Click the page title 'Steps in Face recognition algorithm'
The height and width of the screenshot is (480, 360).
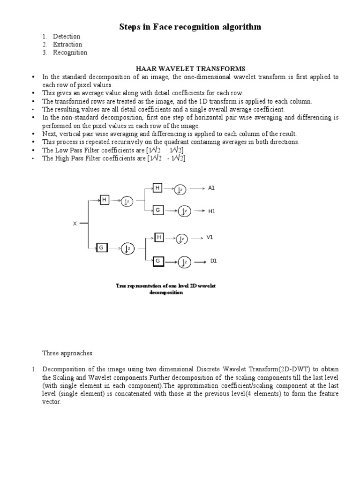(190, 27)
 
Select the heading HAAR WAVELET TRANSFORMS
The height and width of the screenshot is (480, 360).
(190, 69)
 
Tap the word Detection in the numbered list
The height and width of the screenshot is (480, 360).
(67, 37)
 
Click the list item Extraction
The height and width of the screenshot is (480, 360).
(67, 45)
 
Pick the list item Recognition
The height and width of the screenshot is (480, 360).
(70, 52)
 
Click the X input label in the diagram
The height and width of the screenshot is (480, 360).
(74, 224)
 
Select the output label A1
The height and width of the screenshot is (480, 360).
(211, 188)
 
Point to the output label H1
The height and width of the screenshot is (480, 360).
(211, 211)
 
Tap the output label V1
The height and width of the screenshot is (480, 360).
(210, 238)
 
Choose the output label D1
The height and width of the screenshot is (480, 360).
(213, 261)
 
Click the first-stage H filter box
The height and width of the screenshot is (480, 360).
(105, 200)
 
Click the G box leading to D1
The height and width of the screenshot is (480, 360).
(158, 261)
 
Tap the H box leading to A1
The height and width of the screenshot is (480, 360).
(158, 188)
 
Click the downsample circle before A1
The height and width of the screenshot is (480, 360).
(180, 189)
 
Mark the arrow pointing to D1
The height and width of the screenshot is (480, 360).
(200, 262)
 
